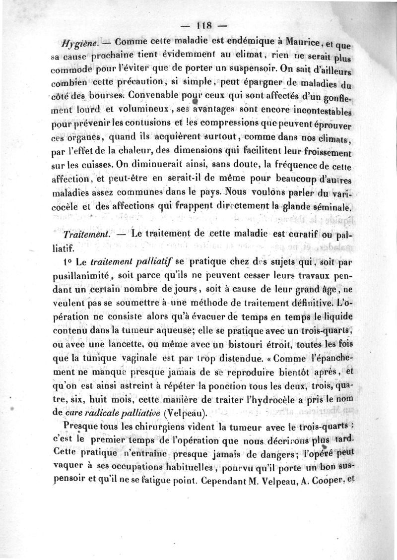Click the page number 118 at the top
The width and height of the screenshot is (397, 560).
point(204,25)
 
